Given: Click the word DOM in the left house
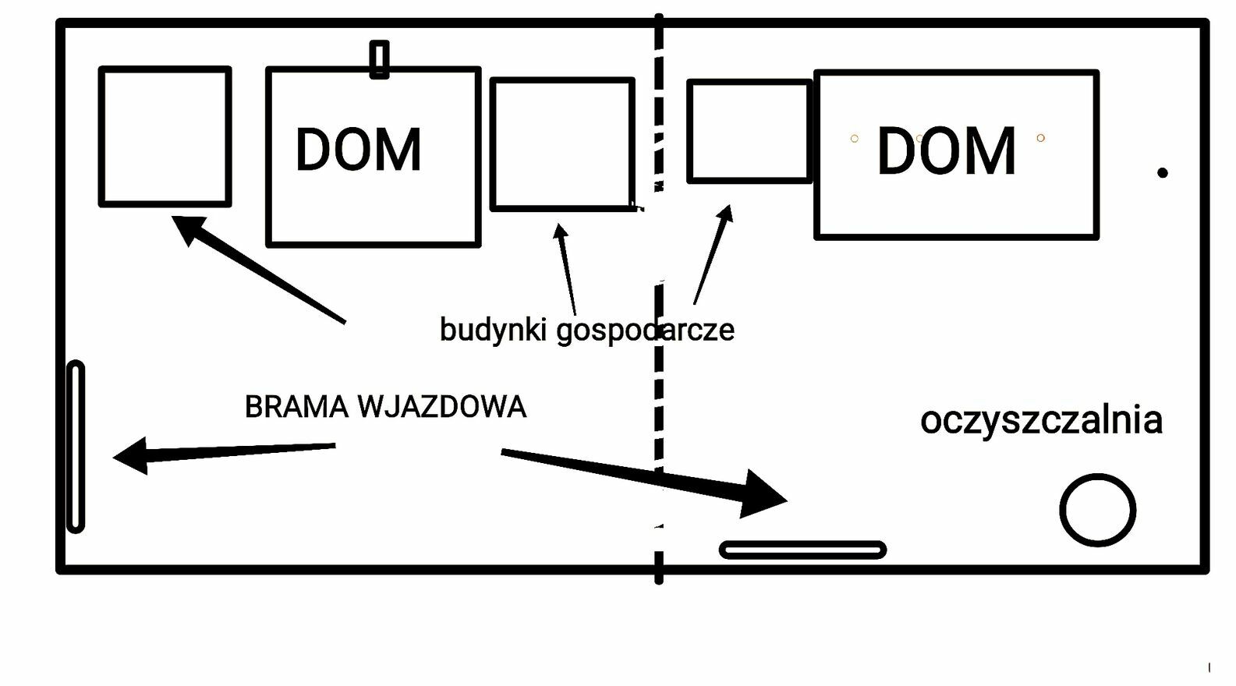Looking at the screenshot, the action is pyautogui.click(x=359, y=150).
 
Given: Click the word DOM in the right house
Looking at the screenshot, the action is pyautogui.click(x=947, y=150).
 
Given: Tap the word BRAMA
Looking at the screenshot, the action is pyautogui.click(x=296, y=407).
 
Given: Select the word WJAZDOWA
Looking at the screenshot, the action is pyautogui.click(x=442, y=407).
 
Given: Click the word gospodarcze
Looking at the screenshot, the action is pyautogui.click(x=645, y=331).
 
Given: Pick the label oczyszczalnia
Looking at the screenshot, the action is pyautogui.click(x=1042, y=420).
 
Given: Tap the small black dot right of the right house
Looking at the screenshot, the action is pyautogui.click(x=1162, y=173).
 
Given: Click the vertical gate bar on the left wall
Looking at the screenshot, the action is pyautogui.click(x=69, y=447).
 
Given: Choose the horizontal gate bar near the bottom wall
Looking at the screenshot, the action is pyautogui.click(x=803, y=543).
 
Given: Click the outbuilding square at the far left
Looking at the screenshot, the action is pyautogui.click(x=101, y=136).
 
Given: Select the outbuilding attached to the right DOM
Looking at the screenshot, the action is pyautogui.click(x=689, y=131).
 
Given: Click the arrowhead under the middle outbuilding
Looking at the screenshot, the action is pyautogui.click(x=561, y=231).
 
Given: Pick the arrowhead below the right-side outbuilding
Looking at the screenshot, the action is pyautogui.click(x=725, y=214).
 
